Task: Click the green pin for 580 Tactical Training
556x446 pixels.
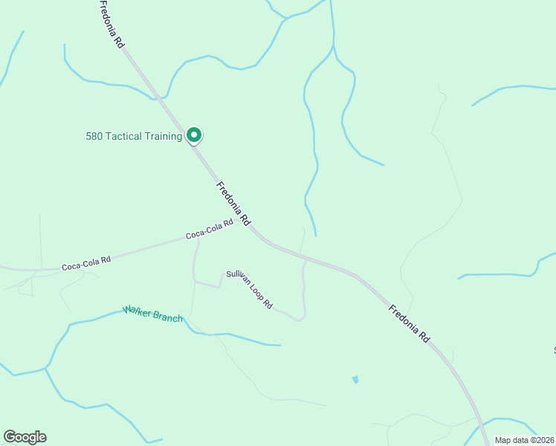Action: click(194, 135)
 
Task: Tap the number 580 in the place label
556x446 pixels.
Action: click(94, 136)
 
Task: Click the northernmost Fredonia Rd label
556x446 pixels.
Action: click(112, 25)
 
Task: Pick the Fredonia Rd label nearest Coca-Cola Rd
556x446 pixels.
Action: click(233, 204)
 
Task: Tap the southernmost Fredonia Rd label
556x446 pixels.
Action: click(409, 322)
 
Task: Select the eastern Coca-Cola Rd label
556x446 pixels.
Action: click(210, 230)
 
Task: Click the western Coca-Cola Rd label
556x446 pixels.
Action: click(86, 262)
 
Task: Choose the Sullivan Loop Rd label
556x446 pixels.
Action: click(250, 290)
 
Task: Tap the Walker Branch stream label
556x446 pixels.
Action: click(153, 314)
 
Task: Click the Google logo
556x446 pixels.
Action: click(25, 437)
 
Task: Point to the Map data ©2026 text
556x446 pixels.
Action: click(524, 440)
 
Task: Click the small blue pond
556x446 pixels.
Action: click(355, 379)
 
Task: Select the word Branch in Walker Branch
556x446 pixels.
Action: click(167, 317)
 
